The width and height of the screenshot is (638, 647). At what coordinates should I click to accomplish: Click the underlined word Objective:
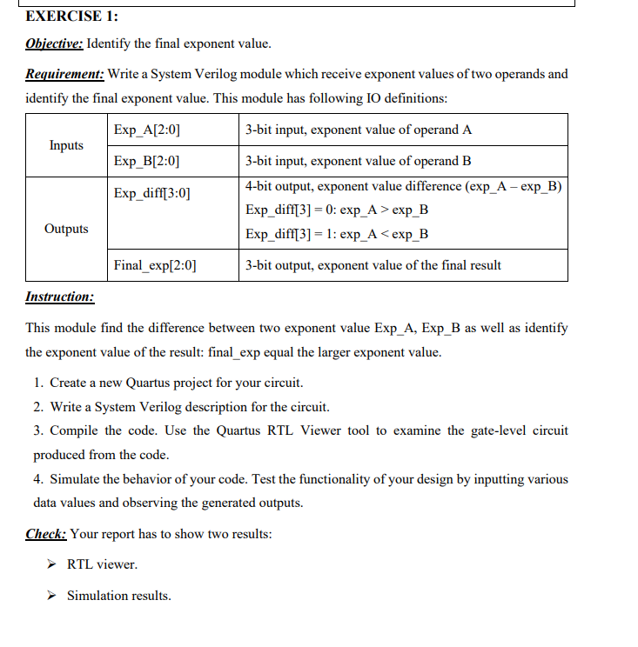point(54,44)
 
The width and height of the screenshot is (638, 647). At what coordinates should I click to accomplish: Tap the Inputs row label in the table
point(66,145)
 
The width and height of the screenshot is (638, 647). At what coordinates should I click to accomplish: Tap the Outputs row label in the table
point(66,229)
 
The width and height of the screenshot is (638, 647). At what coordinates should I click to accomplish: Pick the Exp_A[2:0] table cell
point(147,130)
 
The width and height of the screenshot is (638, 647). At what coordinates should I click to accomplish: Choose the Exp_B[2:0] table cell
point(147,161)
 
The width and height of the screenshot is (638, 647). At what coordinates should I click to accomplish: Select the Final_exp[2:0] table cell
point(155,265)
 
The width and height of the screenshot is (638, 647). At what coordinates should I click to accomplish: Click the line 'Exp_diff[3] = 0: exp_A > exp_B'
point(337,210)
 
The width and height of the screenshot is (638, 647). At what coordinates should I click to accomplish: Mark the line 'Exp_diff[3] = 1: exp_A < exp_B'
point(337,234)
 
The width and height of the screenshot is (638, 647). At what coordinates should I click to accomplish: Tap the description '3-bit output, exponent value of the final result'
point(373,265)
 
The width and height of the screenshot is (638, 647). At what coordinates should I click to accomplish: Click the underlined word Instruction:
point(60,297)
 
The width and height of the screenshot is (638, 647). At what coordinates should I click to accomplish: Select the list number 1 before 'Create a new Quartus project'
point(38,383)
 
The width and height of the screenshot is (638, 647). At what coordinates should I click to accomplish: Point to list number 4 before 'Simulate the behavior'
point(38,479)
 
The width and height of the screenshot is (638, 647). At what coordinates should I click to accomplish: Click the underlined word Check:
point(46,534)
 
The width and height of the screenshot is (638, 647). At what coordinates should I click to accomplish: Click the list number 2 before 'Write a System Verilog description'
point(38,406)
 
